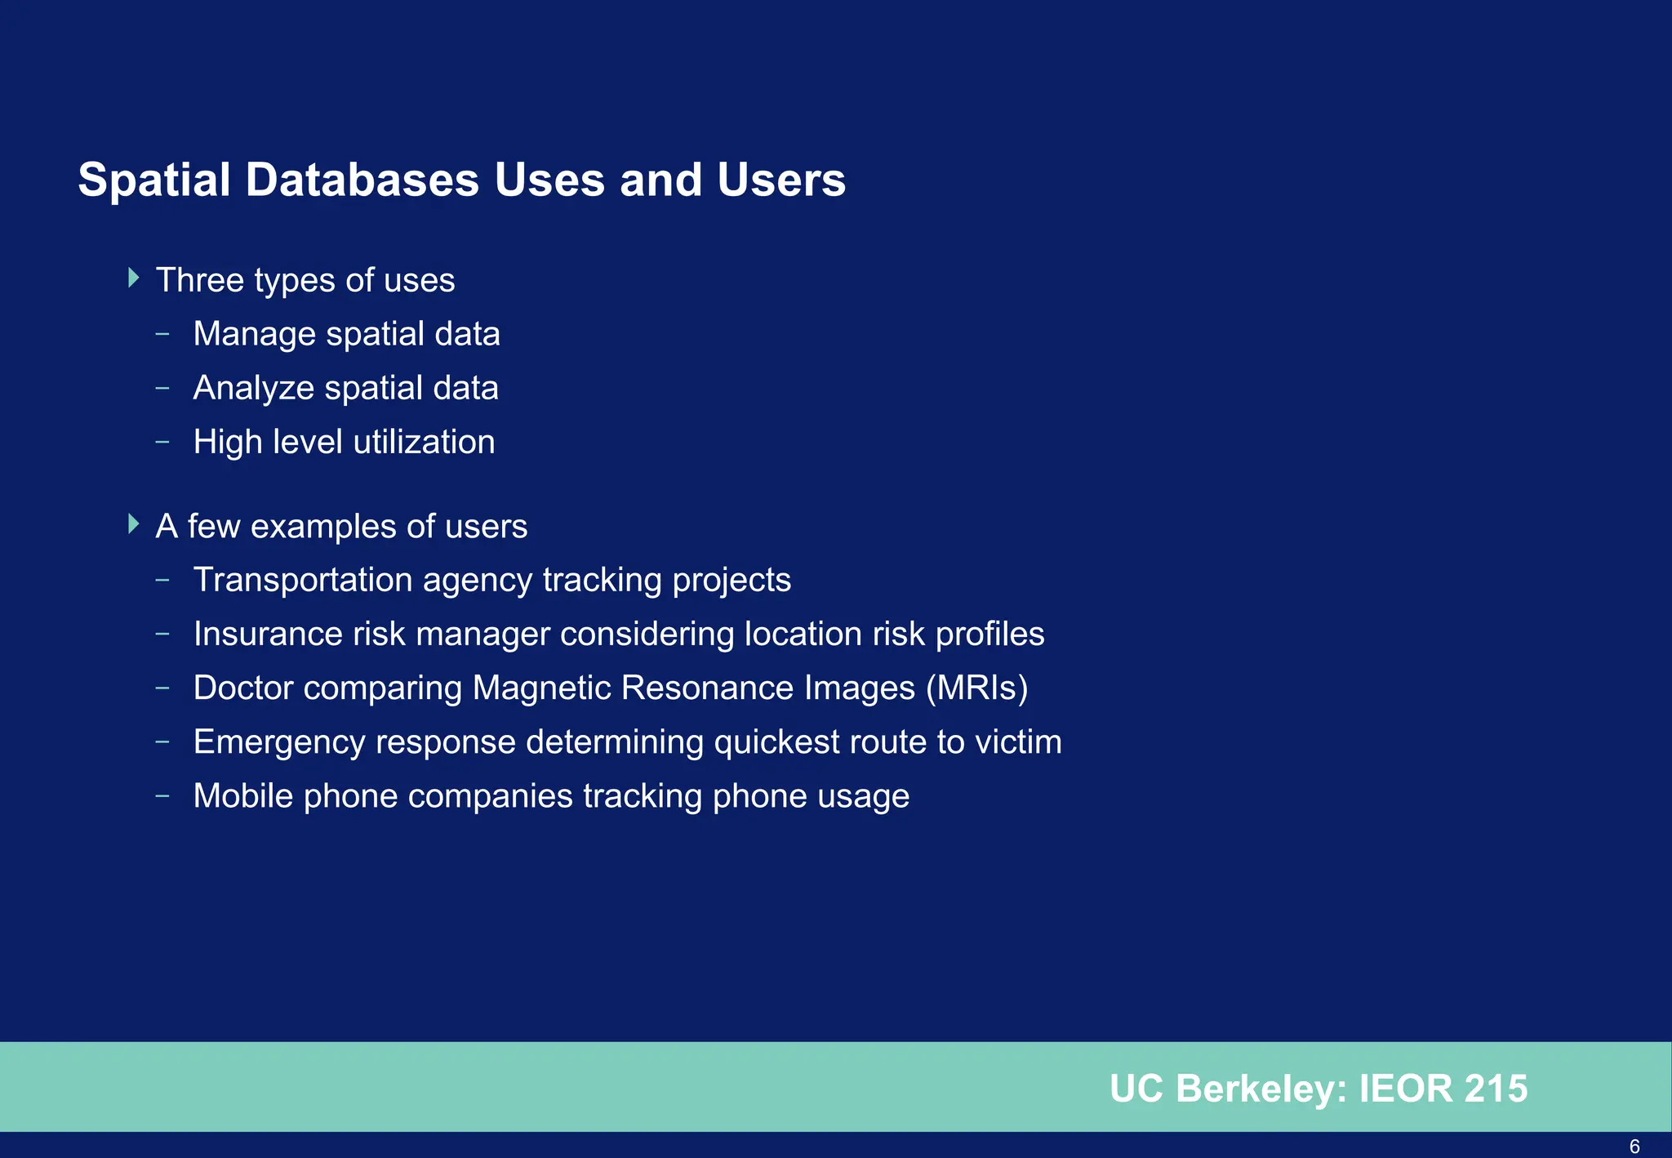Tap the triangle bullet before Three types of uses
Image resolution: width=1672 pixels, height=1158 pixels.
pos(135,278)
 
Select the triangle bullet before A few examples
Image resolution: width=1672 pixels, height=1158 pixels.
pos(135,524)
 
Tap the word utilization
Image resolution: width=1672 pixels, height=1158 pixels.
pos(424,442)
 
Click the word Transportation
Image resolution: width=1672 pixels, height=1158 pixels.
pos(303,580)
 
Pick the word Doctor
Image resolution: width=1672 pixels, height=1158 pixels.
pos(243,688)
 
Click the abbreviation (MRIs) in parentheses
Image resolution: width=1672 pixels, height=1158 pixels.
pos(976,688)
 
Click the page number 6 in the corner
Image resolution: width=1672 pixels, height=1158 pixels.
pos(1634,1147)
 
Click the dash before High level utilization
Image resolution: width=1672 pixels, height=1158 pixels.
pos(162,442)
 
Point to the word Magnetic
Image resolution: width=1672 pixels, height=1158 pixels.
pos(541,688)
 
